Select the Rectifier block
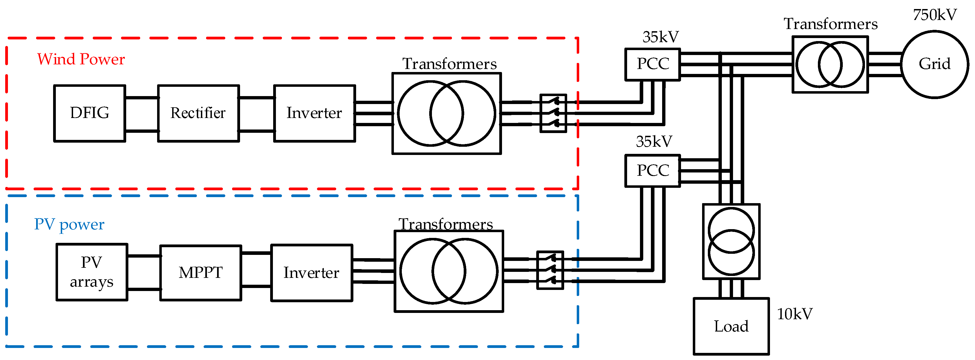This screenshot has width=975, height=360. [198, 113]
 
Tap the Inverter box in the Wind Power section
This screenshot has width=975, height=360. [314, 113]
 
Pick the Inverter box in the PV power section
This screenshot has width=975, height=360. [311, 273]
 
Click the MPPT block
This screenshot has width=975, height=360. [201, 273]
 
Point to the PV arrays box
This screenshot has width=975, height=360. [92, 272]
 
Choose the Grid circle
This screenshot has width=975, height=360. [934, 64]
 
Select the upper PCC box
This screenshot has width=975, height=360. [653, 64]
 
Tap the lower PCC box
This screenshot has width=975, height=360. [653, 170]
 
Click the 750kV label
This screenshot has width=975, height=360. [934, 15]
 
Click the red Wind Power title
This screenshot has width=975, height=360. [81, 59]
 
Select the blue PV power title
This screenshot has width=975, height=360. [69, 224]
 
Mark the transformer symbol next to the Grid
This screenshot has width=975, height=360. [830, 64]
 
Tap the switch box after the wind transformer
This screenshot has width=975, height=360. [553, 113]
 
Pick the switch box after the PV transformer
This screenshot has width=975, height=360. [550, 270]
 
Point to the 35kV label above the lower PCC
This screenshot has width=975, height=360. [654, 142]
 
